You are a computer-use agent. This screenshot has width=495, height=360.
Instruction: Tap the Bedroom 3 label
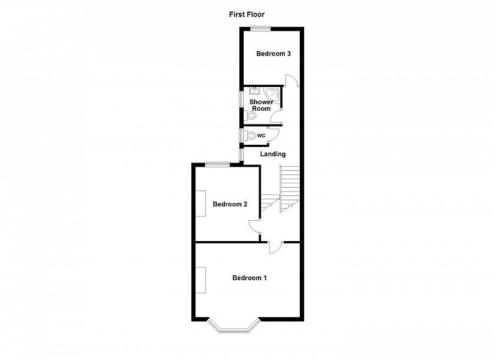(273, 53)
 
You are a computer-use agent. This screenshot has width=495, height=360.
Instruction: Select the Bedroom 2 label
(230, 204)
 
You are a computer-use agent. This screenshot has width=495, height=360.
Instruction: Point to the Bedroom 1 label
(249, 278)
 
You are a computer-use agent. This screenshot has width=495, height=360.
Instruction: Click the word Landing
(273, 154)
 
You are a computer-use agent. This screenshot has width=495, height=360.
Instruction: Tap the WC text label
(261, 135)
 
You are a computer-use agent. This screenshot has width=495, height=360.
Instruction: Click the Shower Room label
(261, 105)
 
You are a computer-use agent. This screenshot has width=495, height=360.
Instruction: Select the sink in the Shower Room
(254, 91)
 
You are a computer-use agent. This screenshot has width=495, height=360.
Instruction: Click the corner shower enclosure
(273, 95)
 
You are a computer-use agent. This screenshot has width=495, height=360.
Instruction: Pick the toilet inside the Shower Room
(245, 116)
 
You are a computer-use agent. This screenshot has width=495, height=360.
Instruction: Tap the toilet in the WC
(251, 135)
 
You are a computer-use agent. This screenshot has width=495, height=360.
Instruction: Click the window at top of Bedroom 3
(260, 29)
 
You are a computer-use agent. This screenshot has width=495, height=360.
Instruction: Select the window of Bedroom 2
(218, 163)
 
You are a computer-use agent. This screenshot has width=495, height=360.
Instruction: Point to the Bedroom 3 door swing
(292, 80)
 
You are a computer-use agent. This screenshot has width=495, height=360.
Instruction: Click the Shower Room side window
(240, 99)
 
